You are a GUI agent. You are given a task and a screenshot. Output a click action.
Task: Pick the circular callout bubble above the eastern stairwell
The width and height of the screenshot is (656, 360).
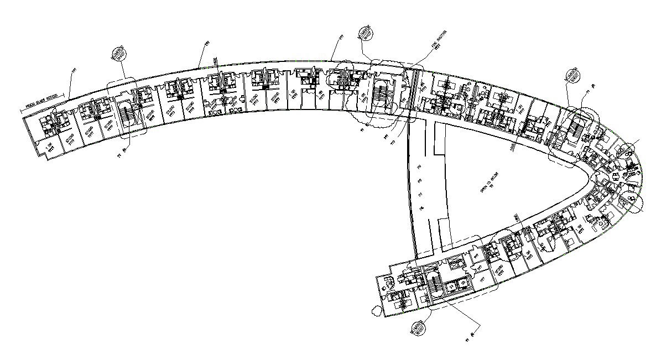click(571, 76)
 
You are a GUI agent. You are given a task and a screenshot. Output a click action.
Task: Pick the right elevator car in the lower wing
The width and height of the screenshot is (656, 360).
click(465, 283)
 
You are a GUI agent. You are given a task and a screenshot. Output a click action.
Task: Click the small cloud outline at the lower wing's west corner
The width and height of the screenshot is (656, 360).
click(377, 311)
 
